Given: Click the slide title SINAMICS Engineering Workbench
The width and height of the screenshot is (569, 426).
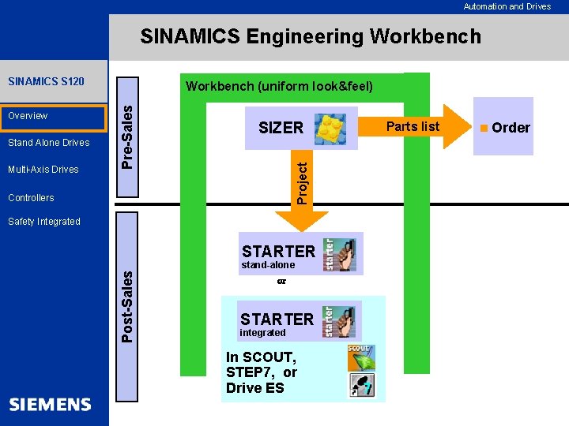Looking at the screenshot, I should (310, 36).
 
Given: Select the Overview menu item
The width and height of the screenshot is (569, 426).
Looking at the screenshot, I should (28, 116).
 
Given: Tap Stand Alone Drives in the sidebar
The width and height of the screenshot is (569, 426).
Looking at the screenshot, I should (49, 143).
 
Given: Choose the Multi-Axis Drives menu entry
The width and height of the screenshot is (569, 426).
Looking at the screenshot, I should (43, 170).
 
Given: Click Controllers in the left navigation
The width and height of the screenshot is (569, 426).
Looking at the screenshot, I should (31, 198).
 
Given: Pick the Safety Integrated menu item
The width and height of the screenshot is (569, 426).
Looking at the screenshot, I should (44, 222).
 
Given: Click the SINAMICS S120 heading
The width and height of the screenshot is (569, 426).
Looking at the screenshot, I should (46, 81).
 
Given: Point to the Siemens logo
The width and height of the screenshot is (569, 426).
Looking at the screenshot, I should (51, 405).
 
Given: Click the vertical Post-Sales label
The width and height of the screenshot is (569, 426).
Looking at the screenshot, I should (126, 305).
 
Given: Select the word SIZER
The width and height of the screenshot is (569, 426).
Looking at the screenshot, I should (281, 128).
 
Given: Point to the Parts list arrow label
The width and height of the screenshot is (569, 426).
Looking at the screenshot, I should (413, 126).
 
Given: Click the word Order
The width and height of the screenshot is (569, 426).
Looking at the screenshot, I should (511, 128).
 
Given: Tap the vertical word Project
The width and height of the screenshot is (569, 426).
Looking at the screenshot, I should (301, 181).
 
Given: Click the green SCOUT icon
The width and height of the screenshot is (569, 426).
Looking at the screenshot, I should (361, 358).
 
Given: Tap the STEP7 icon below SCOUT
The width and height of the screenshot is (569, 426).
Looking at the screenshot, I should (361, 386).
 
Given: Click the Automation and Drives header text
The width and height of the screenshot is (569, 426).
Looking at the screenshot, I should (507, 6).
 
